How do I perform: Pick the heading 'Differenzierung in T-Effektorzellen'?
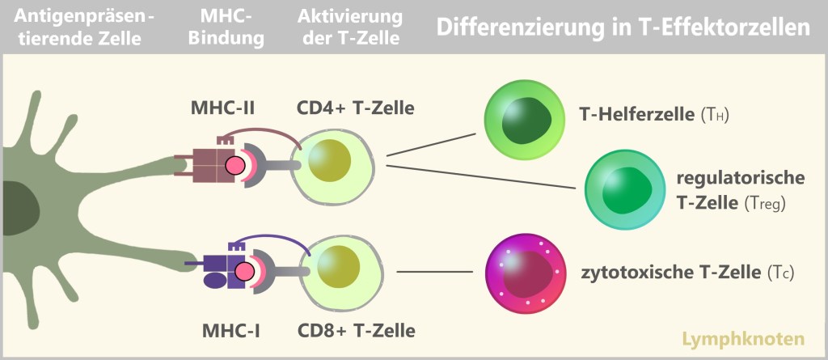623,28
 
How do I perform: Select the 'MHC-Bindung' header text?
232,28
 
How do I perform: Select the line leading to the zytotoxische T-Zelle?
437,272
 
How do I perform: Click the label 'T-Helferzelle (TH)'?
655,115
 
